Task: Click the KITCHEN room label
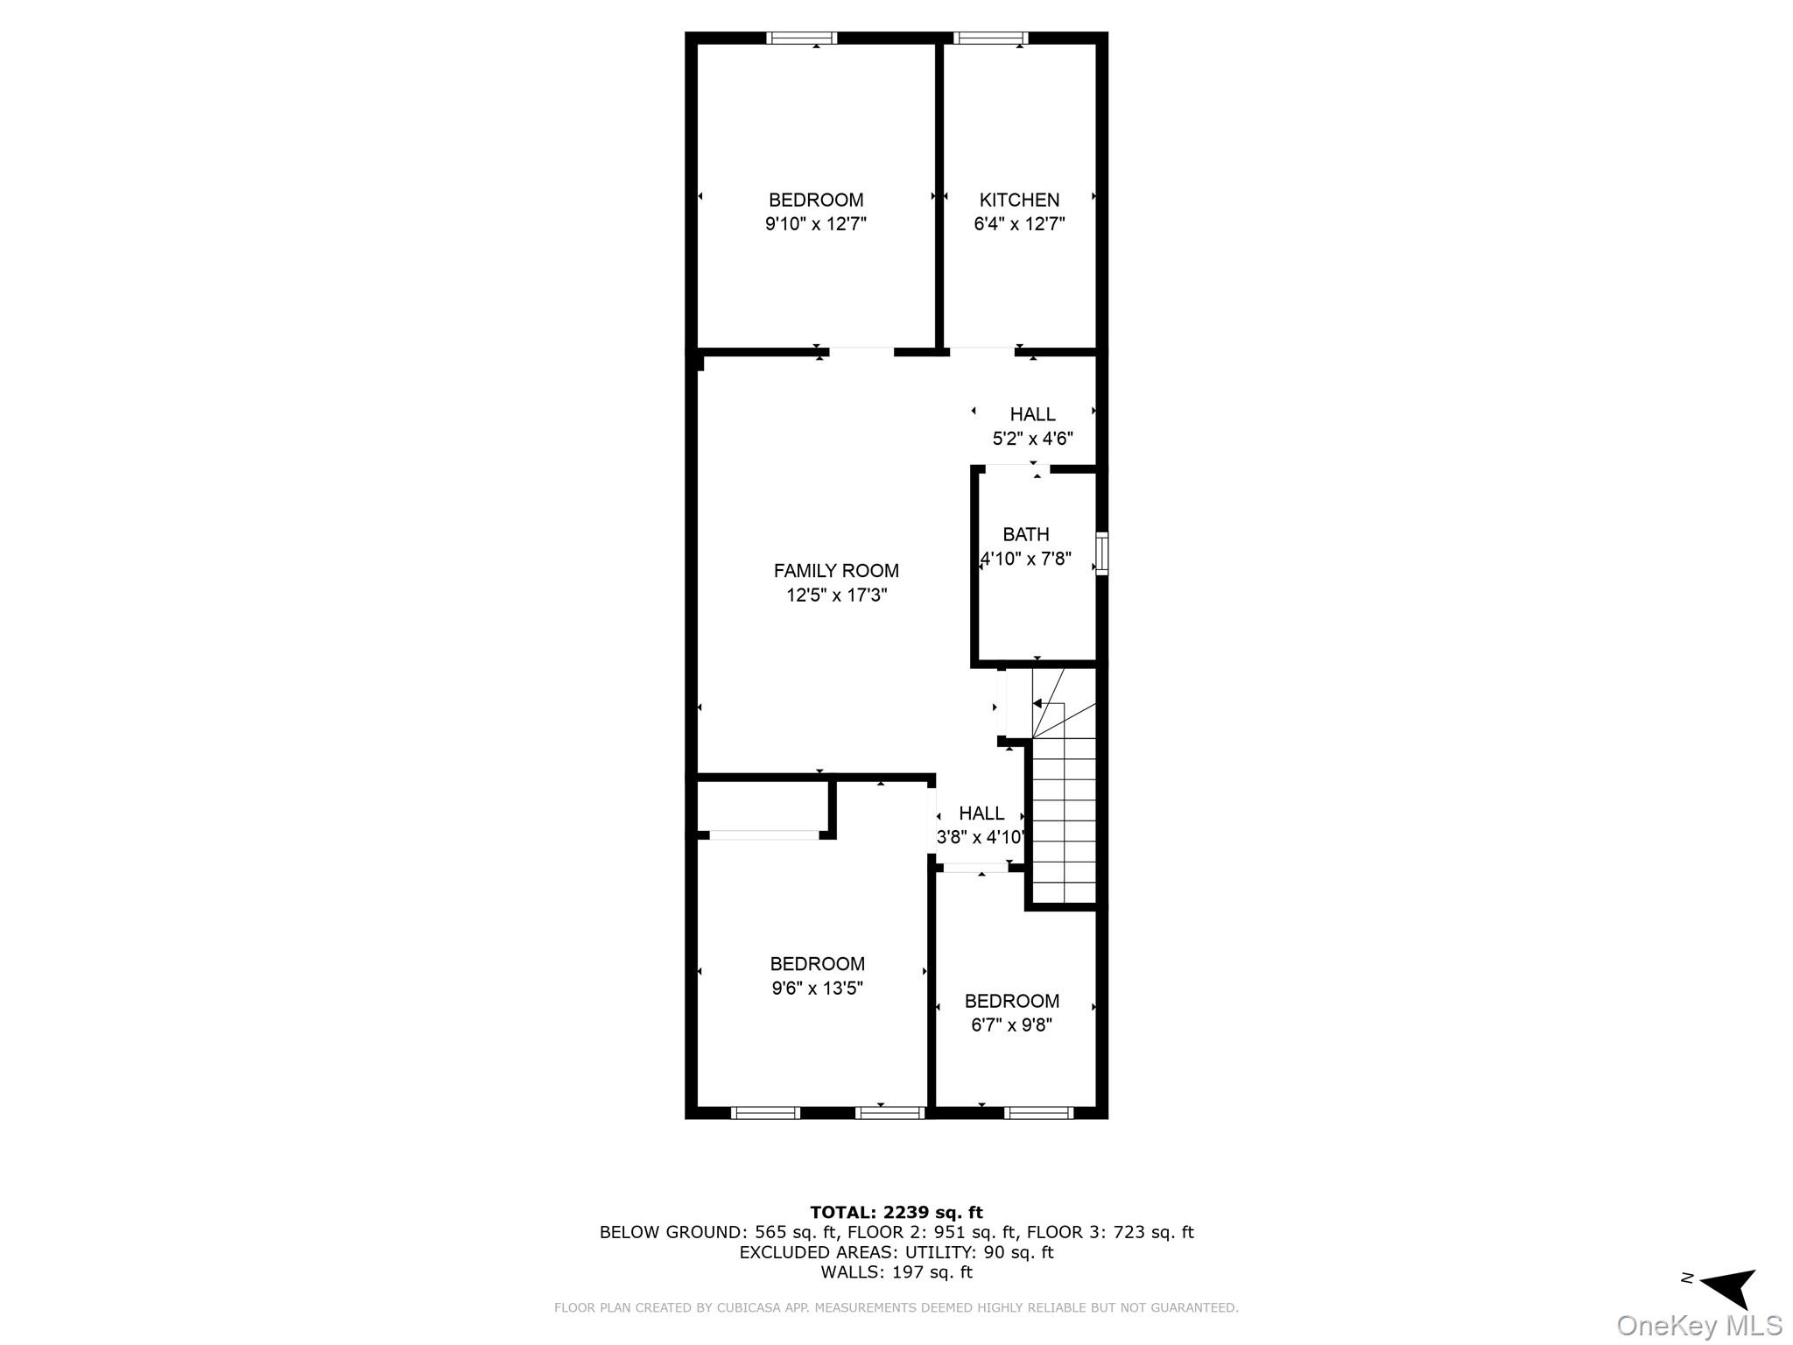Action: tap(1019, 200)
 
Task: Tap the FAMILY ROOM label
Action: tap(836, 571)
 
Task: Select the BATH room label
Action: tap(1025, 534)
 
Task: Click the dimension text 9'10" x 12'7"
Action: tap(815, 224)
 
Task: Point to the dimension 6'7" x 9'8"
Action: tap(1011, 1025)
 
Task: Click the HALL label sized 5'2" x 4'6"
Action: tap(1032, 414)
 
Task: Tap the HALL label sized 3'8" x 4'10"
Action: tap(981, 813)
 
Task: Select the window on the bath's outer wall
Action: tap(1102, 553)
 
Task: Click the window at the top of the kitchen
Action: tap(990, 38)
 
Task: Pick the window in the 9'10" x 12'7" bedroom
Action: tap(802, 38)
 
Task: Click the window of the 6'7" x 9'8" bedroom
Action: tap(1038, 1113)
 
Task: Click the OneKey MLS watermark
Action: tap(1698, 1326)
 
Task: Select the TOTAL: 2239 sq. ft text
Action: tap(896, 1212)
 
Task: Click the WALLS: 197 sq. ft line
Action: tap(896, 1272)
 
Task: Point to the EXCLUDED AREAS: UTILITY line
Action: tap(896, 1252)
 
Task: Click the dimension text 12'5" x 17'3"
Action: tap(836, 595)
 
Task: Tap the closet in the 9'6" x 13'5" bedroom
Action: tap(762, 806)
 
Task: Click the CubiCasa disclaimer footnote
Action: tap(896, 1307)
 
